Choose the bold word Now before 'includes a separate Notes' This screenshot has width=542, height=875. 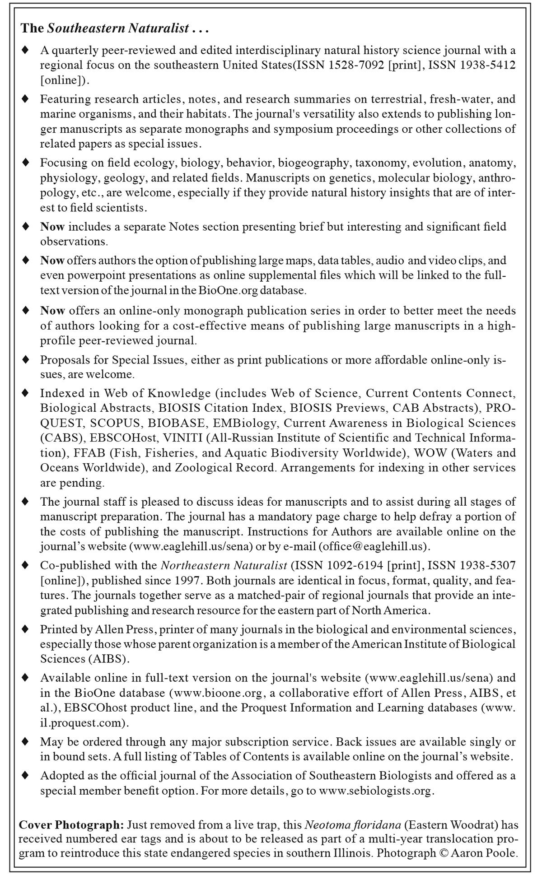click(x=52, y=227)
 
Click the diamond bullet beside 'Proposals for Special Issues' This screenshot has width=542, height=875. click(x=26, y=360)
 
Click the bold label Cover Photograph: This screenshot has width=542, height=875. click(x=71, y=825)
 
